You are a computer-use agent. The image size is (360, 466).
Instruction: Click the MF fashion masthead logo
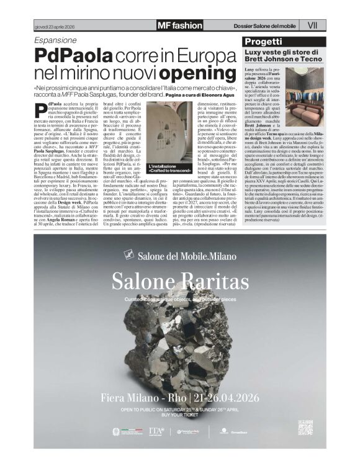179,25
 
